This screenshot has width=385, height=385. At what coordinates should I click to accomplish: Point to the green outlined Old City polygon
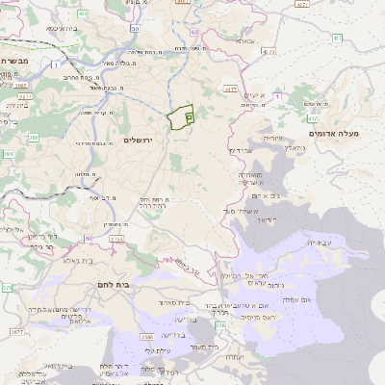(181, 117)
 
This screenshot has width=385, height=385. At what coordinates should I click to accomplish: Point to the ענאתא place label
(244, 40)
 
